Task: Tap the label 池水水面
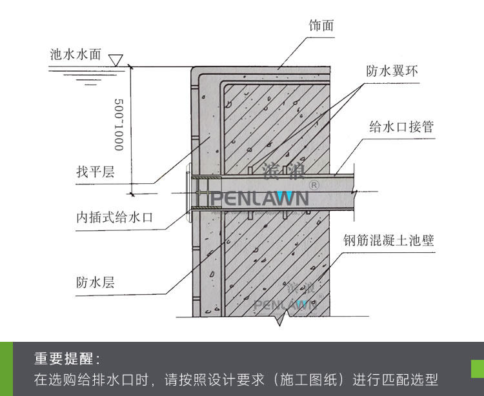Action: pyautogui.click(x=76, y=55)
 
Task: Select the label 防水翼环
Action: pyautogui.click(x=392, y=71)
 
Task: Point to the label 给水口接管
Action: pyautogui.click(x=401, y=126)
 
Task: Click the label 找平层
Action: pyautogui.click(x=95, y=172)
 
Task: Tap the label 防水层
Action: pyautogui.click(x=95, y=282)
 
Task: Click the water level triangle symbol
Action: pyautogui.click(x=116, y=60)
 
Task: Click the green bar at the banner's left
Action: pyautogui.click(x=6, y=368)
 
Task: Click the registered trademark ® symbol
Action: pyautogui.click(x=314, y=185)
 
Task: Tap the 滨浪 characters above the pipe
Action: pyautogui.click(x=280, y=171)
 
